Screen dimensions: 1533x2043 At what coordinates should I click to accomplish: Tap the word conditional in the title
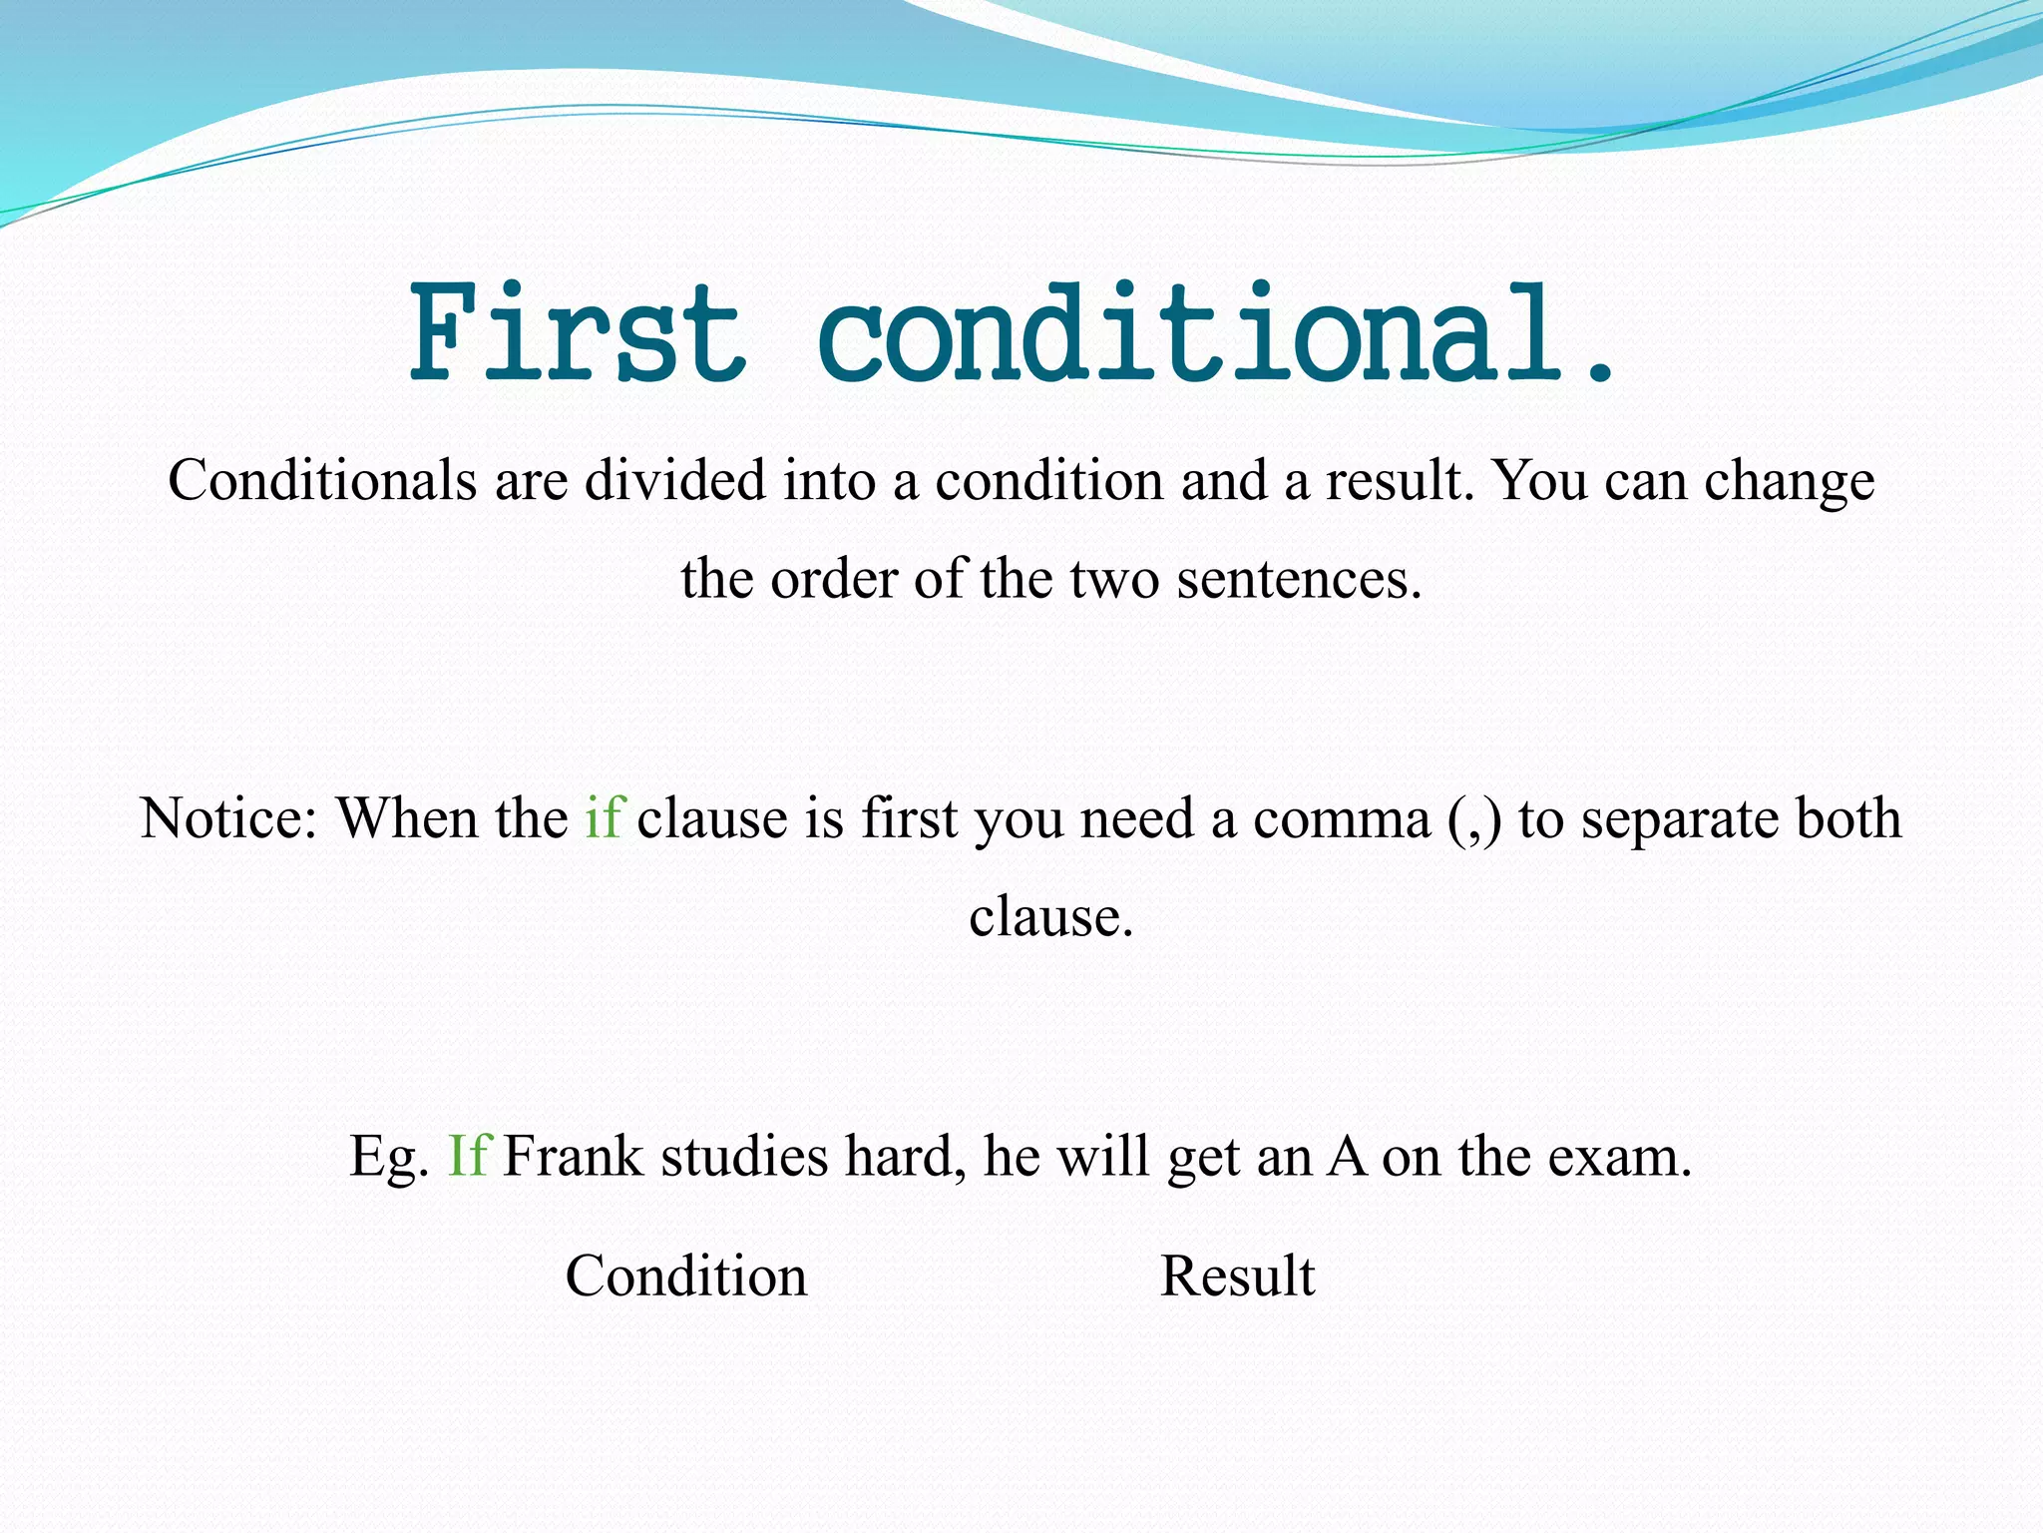(x=1187, y=333)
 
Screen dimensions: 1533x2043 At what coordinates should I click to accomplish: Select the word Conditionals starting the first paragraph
(x=322, y=481)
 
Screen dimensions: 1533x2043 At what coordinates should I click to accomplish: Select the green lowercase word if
(x=604, y=817)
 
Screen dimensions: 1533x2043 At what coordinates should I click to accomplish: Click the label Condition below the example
(x=686, y=1276)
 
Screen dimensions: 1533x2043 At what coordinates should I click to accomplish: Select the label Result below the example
(x=1238, y=1276)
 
